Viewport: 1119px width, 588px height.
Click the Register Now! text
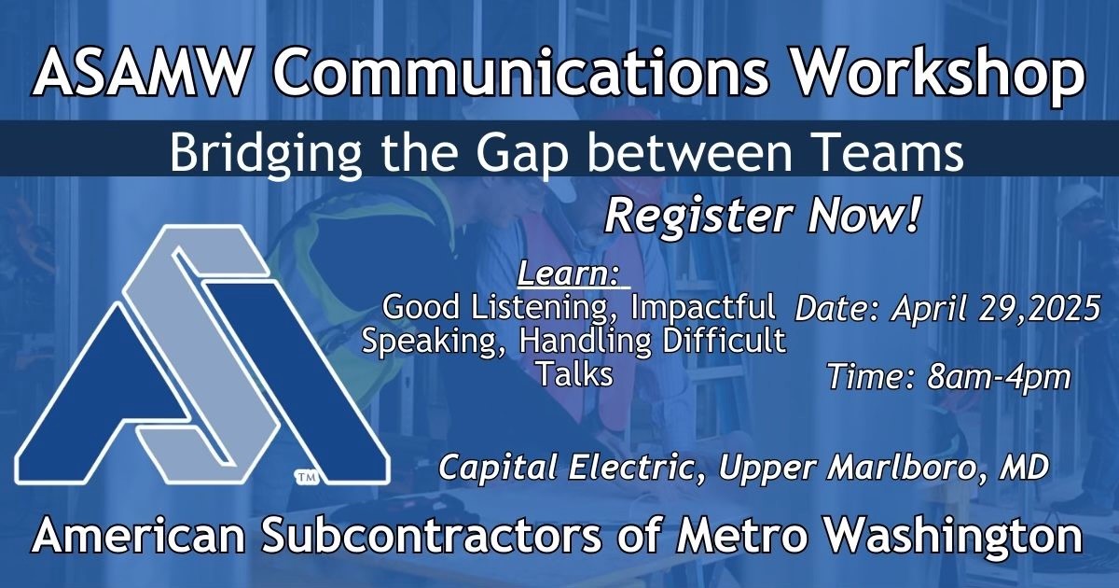[x=763, y=216]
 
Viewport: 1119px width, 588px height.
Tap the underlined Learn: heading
[x=569, y=273]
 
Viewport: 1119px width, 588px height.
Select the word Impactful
[x=702, y=308]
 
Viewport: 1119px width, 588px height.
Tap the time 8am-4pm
[x=999, y=377]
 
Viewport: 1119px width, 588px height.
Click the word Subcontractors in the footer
[x=432, y=535]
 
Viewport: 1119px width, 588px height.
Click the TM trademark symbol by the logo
[x=307, y=478]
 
